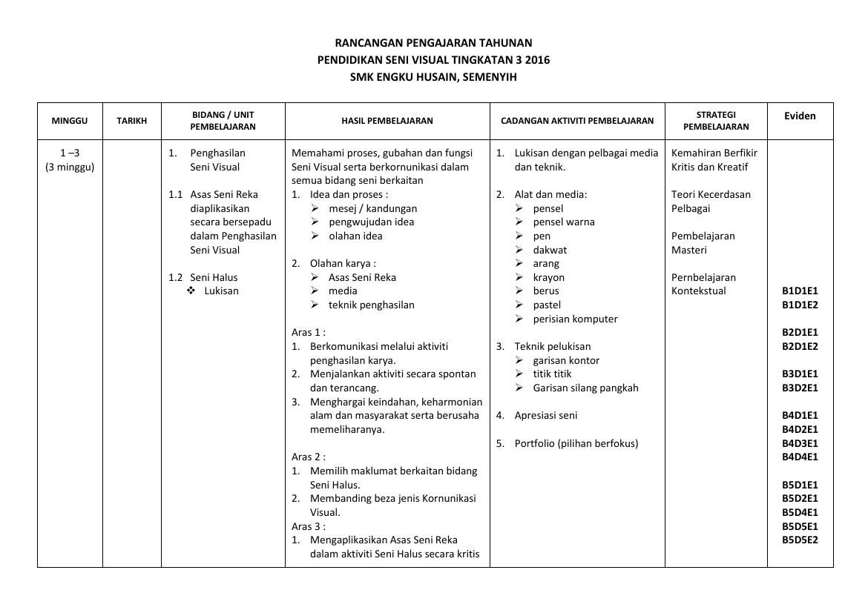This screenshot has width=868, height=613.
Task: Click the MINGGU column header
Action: pyautogui.click(x=70, y=121)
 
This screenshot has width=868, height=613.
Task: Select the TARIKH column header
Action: pyautogui.click(x=132, y=121)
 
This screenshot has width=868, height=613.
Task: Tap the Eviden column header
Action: pyautogui.click(x=800, y=116)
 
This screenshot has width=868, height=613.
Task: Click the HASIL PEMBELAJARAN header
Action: pyautogui.click(x=387, y=121)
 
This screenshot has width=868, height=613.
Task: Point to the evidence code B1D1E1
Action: pyautogui.click(x=800, y=291)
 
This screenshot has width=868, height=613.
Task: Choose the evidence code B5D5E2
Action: pyautogui.click(x=800, y=540)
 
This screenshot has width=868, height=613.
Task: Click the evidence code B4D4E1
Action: pyautogui.click(x=800, y=457)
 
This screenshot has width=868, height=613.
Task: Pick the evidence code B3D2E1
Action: pyautogui.click(x=800, y=388)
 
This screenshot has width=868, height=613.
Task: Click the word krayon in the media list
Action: pyautogui.click(x=548, y=277)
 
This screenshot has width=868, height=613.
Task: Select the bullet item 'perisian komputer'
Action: pyautogui.click(x=575, y=319)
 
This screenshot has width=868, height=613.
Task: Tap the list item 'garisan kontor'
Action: pyautogui.click(x=566, y=360)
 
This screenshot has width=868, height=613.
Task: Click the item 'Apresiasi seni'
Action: pyautogui.click(x=545, y=416)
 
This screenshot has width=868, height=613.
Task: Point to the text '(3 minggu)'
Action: pyautogui.click(x=70, y=167)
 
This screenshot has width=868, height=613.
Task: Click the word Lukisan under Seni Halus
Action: pyautogui.click(x=222, y=291)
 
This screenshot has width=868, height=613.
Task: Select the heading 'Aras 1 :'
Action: pyautogui.click(x=309, y=333)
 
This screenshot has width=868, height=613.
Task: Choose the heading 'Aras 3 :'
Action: pyautogui.click(x=309, y=526)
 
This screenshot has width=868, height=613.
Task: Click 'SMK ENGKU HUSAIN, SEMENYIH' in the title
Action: pyautogui.click(x=433, y=76)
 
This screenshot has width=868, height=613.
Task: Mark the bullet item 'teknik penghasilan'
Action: pyautogui.click(x=371, y=305)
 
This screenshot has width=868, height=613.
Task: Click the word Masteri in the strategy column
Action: pyautogui.click(x=689, y=250)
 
